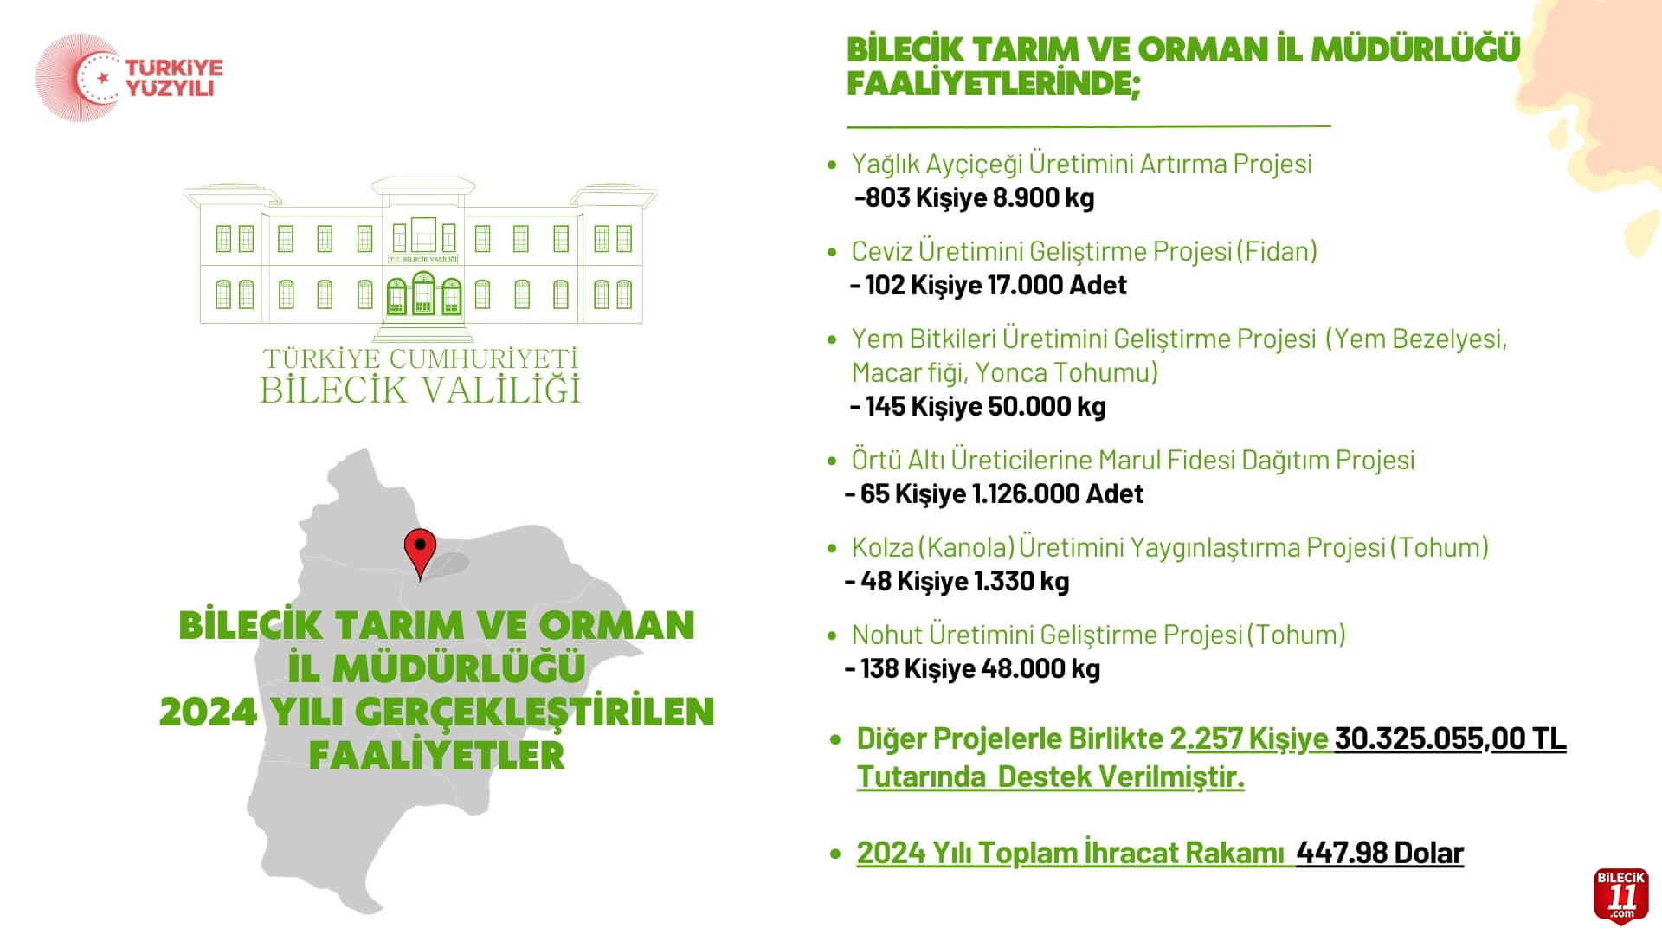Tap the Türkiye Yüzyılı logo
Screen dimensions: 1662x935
coord(129,78)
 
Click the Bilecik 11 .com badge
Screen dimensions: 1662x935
coord(1620,896)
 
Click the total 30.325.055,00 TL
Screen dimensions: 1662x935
coord(1451,738)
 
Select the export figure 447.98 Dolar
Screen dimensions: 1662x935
coord(1380,853)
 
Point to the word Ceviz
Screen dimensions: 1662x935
coord(881,251)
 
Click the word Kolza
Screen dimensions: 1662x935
coord(883,547)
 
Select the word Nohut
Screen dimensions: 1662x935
coord(887,635)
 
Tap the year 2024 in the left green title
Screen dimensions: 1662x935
coord(209,713)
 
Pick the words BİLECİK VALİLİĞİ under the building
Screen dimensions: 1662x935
coord(421,390)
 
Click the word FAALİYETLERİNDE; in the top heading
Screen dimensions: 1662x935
coord(994,84)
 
